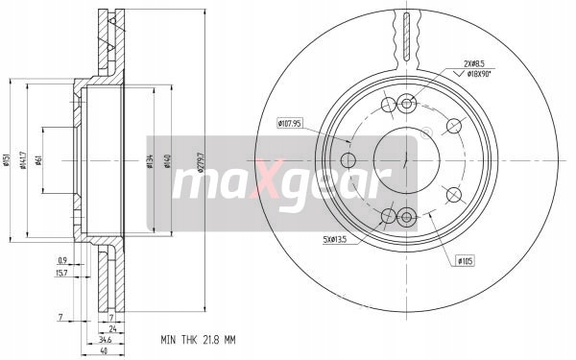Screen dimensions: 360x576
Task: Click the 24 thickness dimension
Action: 111,327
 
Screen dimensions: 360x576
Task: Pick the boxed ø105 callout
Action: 467,259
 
